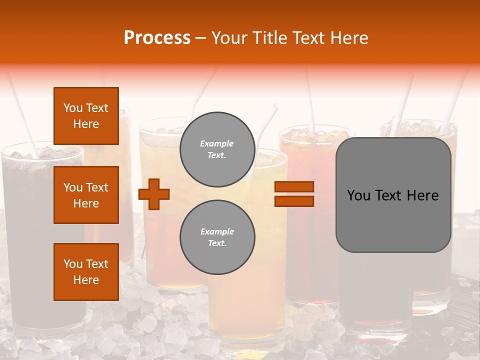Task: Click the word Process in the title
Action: (157, 38)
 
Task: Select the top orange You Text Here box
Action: (86, 116)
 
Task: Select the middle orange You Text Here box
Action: (86, 195)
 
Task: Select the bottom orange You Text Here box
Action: (86, 272)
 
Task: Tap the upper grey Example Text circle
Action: (217, 149)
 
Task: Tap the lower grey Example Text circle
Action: (217, 237)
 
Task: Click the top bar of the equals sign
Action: (294, 187)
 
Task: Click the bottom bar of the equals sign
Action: (294, 201)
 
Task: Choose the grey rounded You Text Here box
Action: (393, 195)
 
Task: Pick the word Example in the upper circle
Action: (216, 143)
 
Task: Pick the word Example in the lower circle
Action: (217, 231)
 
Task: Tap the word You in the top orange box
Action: (73, 108)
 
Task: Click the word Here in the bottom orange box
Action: (86, 280)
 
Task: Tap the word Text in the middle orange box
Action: (97, 187)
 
